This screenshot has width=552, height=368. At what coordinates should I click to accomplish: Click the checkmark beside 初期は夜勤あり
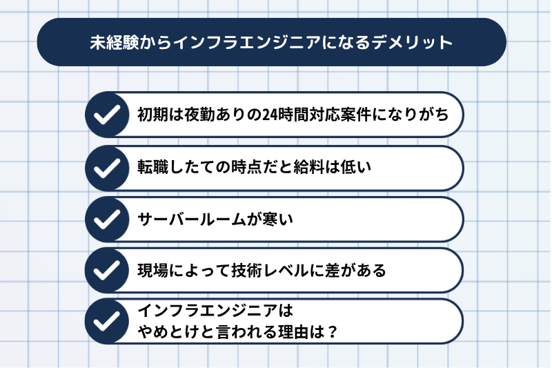pos(107,115)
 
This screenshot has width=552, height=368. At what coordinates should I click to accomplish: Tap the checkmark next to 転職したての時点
pos(107,168)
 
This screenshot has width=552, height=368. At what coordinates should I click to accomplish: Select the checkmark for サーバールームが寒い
pos(107,219)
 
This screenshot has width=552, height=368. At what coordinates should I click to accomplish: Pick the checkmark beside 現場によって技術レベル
pos(107,270)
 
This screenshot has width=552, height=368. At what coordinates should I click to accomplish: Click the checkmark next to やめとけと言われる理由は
pos(107,321)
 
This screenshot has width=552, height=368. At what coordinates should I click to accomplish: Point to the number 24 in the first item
pos(270,115)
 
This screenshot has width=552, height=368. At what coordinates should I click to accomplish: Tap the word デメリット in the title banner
pos(412,42)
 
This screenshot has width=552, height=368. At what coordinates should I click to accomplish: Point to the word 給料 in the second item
pos(308,167)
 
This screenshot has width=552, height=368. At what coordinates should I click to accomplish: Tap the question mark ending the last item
pos(332,331)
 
